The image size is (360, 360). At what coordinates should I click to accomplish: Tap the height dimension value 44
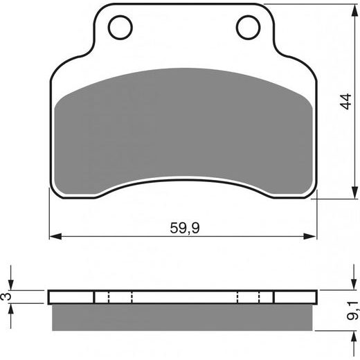point(345,101)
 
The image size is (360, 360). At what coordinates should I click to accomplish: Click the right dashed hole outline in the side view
point(248,297)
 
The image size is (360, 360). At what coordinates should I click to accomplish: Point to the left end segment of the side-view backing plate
point(71,297)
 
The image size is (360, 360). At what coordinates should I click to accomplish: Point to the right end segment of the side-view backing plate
point(296,297)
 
